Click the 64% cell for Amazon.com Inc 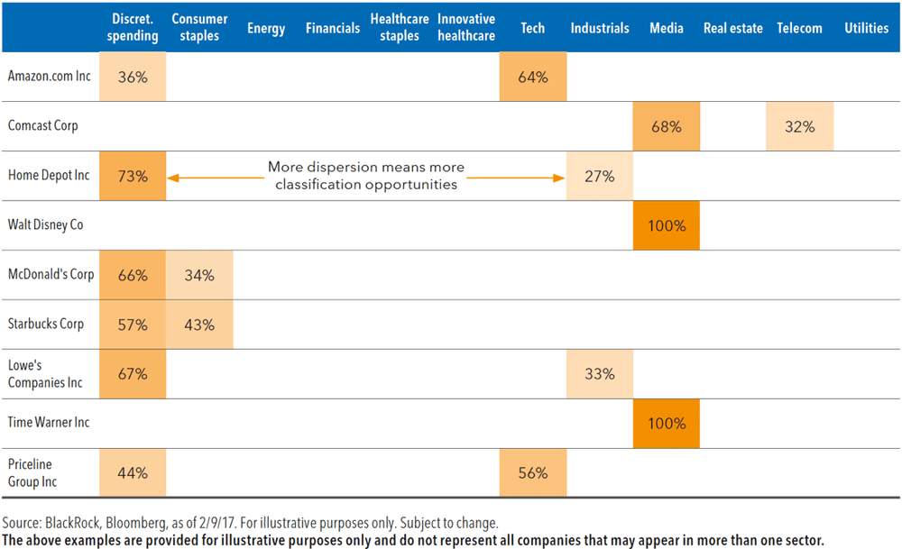tap(533, 78)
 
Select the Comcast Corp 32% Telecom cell tap(800, 127)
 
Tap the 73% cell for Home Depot tap(133, 177)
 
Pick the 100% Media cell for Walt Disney tap(667, 225)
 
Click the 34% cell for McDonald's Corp tap(199, 275)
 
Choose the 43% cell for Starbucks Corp tap(199, 325)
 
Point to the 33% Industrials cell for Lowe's tap(600, 374)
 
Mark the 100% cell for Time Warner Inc tap(667, 424)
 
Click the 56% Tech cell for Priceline tap(533, 473)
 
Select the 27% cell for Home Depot tap(600, 177)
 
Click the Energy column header tap(266, 28)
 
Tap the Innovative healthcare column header tap(466, 28)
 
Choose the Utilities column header tap(866, 28)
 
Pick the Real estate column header tap(733, 28)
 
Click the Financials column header tap(333, 28)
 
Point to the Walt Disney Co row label tap(45, 224)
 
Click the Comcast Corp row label tap(42, 125)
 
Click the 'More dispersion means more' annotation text tap(365, 168)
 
